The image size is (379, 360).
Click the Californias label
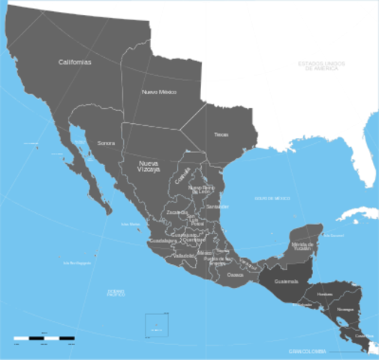tap(74, 62)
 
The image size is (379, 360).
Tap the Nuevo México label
tap(158, 91)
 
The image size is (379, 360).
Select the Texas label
tap(221, 134)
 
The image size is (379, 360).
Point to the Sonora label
tap(106, 142)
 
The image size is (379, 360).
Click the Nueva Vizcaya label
tap(149, 166)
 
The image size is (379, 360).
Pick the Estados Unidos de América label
tap(318, 66)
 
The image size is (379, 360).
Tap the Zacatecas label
tap(178, 212)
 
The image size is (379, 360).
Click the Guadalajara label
tap(163, 241)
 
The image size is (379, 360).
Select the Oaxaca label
tap(235, 275)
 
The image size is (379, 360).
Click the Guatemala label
tap(287, 281)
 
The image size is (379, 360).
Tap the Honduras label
tap(325, 294)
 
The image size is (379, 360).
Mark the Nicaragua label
tap(344, 309)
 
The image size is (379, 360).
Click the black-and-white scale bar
tap(44, 339)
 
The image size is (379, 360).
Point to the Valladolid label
tap(184, 256)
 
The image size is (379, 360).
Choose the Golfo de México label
tap(272, 198)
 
